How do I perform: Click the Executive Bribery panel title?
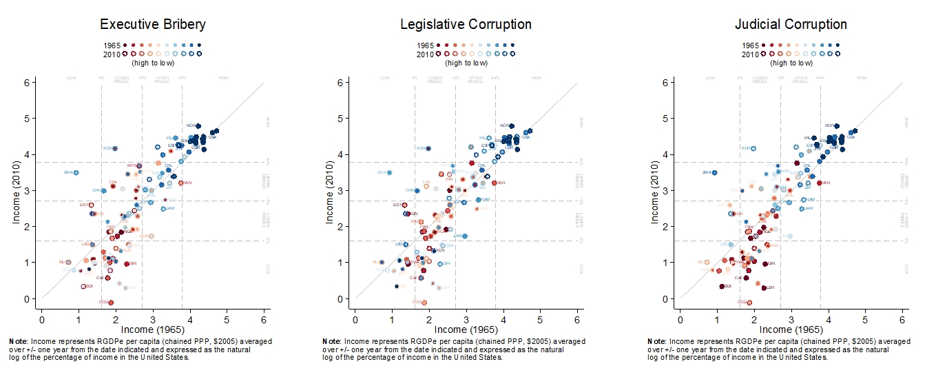point(152,24)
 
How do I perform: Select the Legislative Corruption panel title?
point(466,24)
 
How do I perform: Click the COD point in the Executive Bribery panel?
point(111,302)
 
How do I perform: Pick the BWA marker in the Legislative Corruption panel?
point(390,172)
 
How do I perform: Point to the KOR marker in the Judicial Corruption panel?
point(753,148)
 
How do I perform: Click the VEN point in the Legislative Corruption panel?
point(494,183)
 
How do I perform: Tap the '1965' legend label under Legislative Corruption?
point(426,45)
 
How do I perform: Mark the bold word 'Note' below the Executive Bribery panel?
point(19,341)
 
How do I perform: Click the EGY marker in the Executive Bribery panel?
point(90,205)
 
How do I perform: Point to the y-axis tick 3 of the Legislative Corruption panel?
point(339,190)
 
